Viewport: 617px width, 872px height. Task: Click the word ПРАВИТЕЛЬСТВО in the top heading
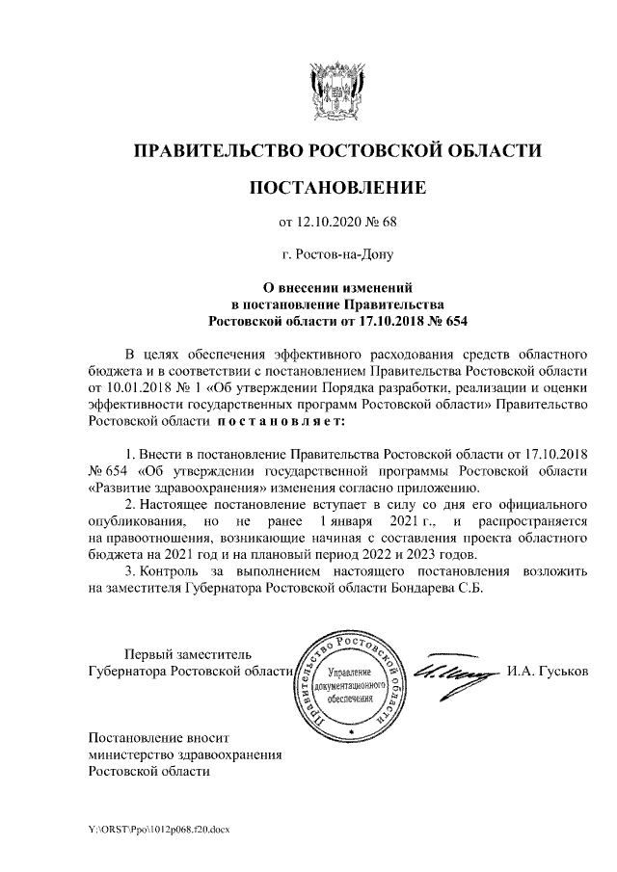coord(216,150)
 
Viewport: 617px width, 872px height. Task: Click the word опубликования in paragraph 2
coord(132,521)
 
